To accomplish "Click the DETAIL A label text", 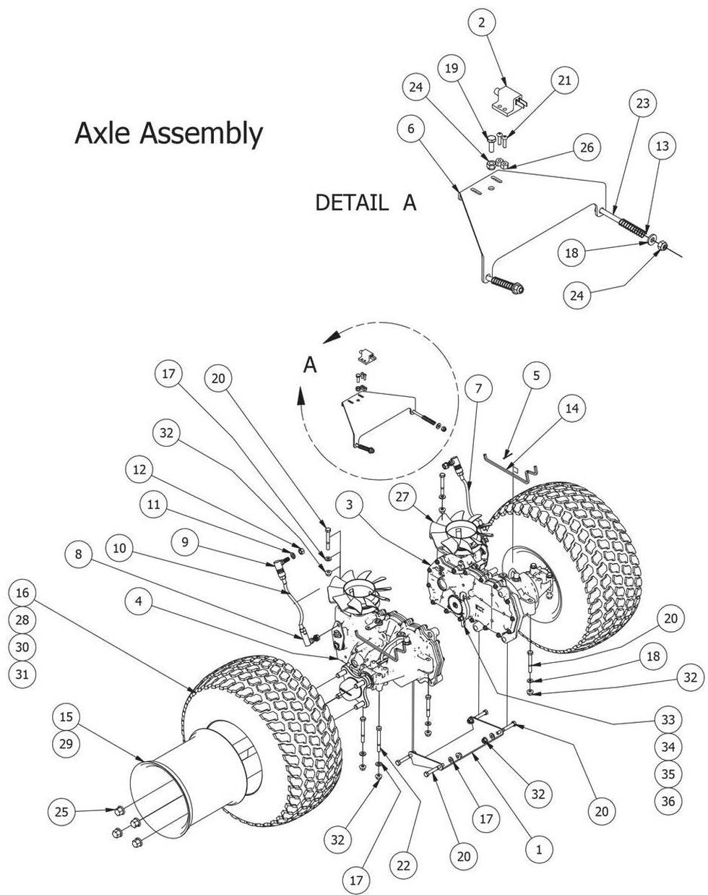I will tap(366, 202).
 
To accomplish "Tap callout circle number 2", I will tap(482, 22).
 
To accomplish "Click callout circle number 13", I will tap(662, 145).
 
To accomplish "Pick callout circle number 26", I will tap(587, 147).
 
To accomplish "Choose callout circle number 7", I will tap(478, 388).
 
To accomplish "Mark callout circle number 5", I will tap(536, 375).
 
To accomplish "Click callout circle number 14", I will tap(572, 408).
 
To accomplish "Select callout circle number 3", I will tap(349, 505).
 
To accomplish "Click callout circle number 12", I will tap(139, 470).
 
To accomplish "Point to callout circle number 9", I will tap(186, 541).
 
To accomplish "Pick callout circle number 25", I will tap(62, 813).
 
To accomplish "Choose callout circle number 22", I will tap(404, 864).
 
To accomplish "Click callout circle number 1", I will tap(538, 849).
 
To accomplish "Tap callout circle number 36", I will tap(668, 801).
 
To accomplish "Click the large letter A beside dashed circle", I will tap(310, 366).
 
